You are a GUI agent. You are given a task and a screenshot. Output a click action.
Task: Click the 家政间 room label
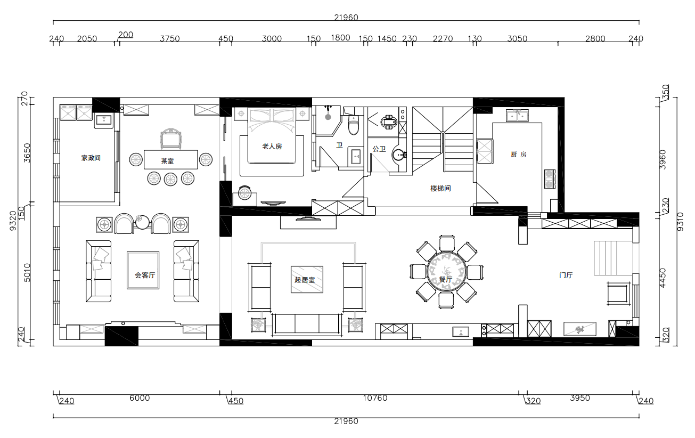[x=91, y=158]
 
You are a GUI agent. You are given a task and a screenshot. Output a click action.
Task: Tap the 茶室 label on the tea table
[x=167, y=161]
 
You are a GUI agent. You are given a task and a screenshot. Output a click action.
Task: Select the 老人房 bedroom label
[x=272, y=146]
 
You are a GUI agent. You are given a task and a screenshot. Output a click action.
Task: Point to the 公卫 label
[x=379, y=149]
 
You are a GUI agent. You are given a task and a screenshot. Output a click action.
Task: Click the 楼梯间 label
[x=440, y=189]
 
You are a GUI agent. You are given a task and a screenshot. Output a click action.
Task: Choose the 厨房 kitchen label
[x=519, y=155]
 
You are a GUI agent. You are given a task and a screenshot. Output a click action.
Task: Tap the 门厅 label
[x=566, y=275]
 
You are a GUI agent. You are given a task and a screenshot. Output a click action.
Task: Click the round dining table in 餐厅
[x=446, y=272]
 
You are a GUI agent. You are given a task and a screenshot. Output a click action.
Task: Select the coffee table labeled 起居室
[x=307, y=279]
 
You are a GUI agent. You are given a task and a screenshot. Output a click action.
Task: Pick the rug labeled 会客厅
[x=143, y=270]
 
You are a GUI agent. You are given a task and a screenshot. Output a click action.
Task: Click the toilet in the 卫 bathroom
[x=354, y=125]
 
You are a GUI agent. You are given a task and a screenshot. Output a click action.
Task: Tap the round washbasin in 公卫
[x=398, y=155]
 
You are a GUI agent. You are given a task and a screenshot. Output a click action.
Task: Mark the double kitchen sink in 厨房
[x=517, y=115]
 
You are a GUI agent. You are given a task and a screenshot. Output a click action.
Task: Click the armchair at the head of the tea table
[x=170, y=139]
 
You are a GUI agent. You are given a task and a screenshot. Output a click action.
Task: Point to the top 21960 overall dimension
[x=346, y=18]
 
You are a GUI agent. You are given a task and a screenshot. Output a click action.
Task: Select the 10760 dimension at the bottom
[x=375, y=398]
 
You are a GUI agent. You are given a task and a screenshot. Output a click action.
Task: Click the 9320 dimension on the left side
[x=13, y=221]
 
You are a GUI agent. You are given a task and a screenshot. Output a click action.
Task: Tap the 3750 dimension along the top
[x=170, y=39]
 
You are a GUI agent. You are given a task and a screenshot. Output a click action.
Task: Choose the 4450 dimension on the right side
[x=663, y=278]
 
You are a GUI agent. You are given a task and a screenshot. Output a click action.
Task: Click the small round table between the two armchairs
[x=142, y=222]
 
